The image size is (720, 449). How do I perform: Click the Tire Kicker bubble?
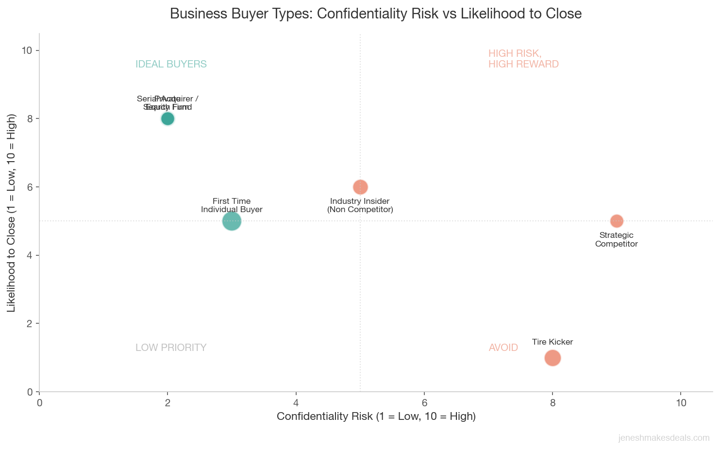tap(553, 358)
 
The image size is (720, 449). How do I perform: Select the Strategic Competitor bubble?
tap(617, 221)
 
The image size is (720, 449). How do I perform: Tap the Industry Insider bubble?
tap(360, 187)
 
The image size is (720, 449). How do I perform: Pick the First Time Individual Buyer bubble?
tap(232, 221)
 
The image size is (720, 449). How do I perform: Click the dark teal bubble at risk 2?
tap(167, 118)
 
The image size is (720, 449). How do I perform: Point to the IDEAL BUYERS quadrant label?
tap(171, 64)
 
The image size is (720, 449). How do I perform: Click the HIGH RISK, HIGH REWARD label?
tap(523, 59)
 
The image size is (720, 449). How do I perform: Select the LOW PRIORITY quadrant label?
tap(171, 348)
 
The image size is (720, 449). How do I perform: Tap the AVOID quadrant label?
tap(503, 348)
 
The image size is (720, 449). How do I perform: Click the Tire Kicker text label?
tap(553, 342)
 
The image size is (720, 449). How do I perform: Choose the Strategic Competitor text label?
tap(616, 240)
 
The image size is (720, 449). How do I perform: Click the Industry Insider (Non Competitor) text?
tap(360, 205)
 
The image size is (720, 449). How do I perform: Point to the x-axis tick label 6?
tap(424, 403)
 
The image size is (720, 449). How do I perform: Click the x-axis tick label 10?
tap(681, 403)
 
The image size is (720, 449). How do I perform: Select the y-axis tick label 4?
tap(30, 255)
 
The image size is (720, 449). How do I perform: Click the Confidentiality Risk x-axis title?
tap(376, 416)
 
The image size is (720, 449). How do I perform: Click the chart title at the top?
tap(375, 14)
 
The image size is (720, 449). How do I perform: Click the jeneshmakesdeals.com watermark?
tap(664, 438)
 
